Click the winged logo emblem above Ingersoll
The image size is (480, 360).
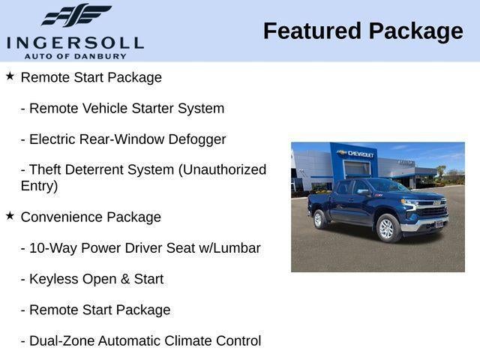click(x=76, y=15)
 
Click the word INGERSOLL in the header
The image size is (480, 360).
click(x=75, y=43)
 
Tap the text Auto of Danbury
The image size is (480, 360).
click(x=75, y=56)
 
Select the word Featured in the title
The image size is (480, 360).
click(x=312, y=31)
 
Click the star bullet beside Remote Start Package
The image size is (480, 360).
click(x=10, y=76)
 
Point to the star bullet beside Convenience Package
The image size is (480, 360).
click(x=10, y=216)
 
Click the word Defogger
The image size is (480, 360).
click(x=197, y=139)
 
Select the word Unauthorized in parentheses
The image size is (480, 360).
click(x=222, y=170)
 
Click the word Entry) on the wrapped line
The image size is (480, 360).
click(x=39, y=186)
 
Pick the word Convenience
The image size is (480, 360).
click(x=61, y=217)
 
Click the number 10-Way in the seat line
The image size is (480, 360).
click(x=53, y=248)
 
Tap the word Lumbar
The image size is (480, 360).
click(x=237, y=248)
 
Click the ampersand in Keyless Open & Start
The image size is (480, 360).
click(x=125, y=279)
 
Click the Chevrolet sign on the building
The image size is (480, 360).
click(x=355, y=154)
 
